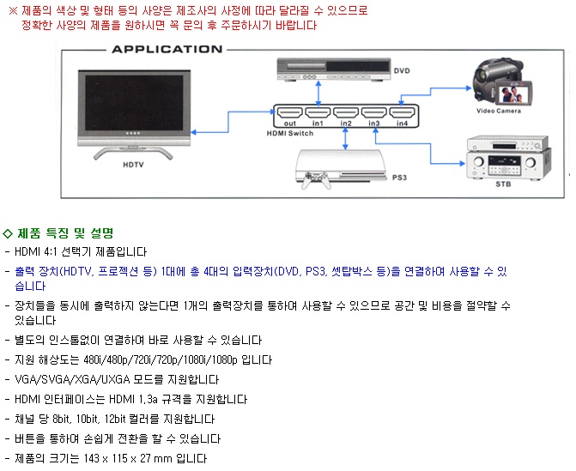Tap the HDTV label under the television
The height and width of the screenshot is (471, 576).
click(x=132, y=163)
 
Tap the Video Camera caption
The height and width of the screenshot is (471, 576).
click(x=499, y=112)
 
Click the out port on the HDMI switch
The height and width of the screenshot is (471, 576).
click(x=289, y=113)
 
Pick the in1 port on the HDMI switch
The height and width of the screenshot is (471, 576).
click(x=318, y=113)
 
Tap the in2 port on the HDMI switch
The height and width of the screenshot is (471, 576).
click(x=345, y=113)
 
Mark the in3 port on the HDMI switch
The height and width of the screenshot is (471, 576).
click(x=373, y=113)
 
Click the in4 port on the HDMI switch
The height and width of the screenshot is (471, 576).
click(x=401, y=113)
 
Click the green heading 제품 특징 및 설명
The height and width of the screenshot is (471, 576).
click(x=65, y=232)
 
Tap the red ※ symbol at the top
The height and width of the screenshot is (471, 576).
click(x=12, y=10)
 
